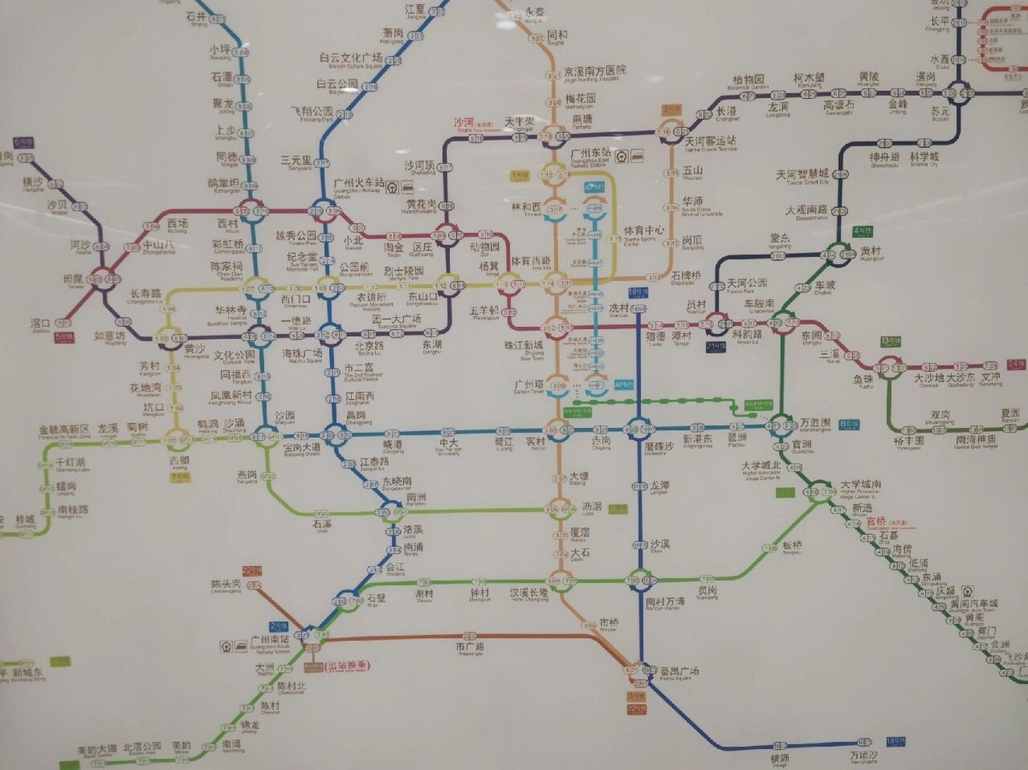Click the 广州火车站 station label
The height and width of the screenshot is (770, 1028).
pyautogui.click(x=359, y=182)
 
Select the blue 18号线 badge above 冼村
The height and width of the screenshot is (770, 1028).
pyautogui.click(x=638, y=292)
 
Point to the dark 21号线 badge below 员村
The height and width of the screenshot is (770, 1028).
pyautogui.click(x=716, y=347)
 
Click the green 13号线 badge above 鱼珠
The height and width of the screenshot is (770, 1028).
pyautogui.click(x=890, y=342)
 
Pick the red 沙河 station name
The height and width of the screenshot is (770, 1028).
pyautogui.click(x=465, y=122)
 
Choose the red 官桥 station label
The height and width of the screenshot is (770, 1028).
pyautogui.click(x=876, y=522)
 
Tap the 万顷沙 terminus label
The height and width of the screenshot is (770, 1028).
pyautogui.click(x=864, y=756)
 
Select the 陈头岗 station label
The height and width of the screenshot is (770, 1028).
pyautogui.click(x=226, y=585)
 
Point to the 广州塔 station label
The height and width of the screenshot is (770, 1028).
pyautogui.click(x=529, y=384)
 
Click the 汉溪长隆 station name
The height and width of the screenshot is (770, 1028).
pyautogui.click(x=529, y=593)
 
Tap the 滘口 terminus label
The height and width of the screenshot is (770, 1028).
pyautogui.click(x=40, y=324)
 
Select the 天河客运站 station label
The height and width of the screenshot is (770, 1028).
pyautogui.click(x=710, y=141)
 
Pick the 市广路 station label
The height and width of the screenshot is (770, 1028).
pyautogui.click(x=469, y=647)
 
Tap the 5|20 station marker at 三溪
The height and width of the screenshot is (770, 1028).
pyautogui.click(x=852, y=356)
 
